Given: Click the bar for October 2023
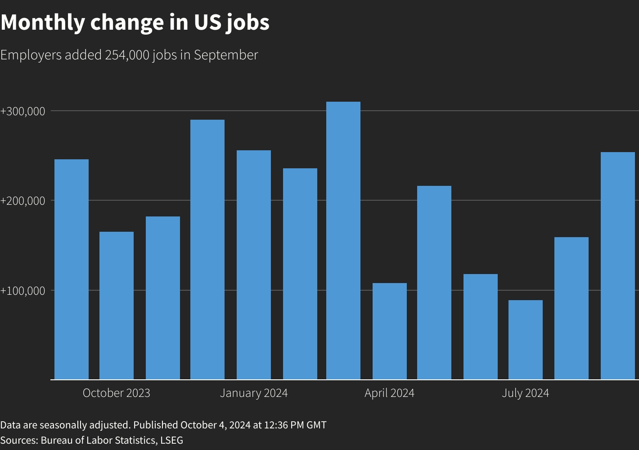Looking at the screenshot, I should [x=117, y=306].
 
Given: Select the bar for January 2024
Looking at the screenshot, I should [x=254, y=265].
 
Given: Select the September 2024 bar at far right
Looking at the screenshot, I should [x=618, y=265].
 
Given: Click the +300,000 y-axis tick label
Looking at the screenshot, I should [x=23, y=111].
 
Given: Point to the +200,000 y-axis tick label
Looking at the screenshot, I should [x=23, y=201].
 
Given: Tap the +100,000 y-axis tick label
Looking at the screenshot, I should [x=23, y=291].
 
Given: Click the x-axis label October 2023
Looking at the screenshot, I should [x=117, y=393].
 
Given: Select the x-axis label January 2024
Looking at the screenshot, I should [x=254, y=393].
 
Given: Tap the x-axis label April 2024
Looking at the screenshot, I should [x=390, y=393].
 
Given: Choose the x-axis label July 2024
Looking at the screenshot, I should [x=526, y=393].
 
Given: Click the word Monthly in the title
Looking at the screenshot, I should [x=42, y=22].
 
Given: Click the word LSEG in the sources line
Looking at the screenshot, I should [x=171, y=440].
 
